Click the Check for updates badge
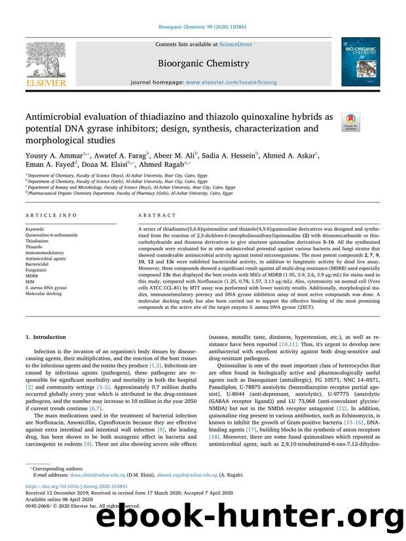[x=352, y=122]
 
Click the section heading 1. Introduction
[x=47, y=337]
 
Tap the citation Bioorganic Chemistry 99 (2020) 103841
[x=202, y=27]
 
